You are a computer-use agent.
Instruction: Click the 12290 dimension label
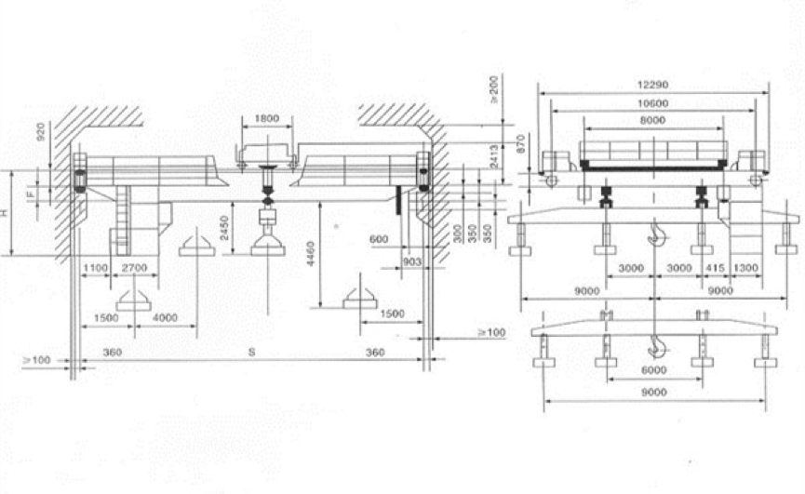point(655,85)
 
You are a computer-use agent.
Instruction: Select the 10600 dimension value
point(655,102)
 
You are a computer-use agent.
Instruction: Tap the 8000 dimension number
point(655,120)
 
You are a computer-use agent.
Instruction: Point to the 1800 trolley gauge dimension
point(266,119)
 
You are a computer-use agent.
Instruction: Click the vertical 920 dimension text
point(40,133)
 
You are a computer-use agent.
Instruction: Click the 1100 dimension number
point(95,268)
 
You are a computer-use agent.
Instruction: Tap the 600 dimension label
point(379,240)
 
